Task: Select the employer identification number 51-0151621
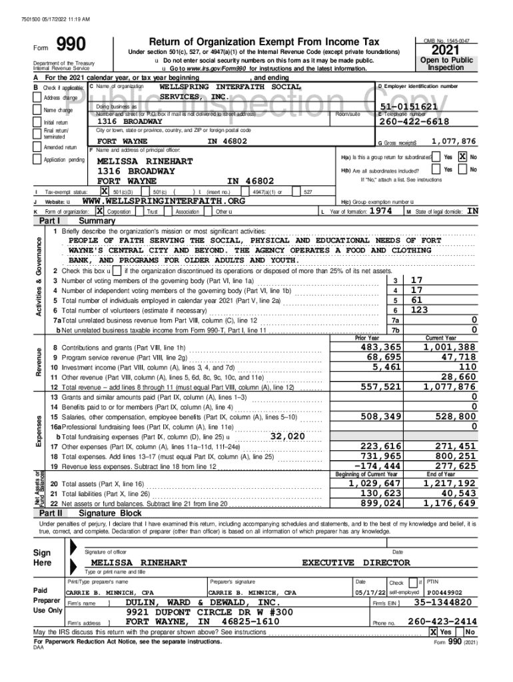408,107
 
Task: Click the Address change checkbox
38,98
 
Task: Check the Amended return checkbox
38,147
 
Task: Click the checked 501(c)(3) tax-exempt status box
105,192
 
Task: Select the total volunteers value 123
420,310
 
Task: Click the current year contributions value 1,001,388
450,347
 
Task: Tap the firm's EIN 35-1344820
443,602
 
